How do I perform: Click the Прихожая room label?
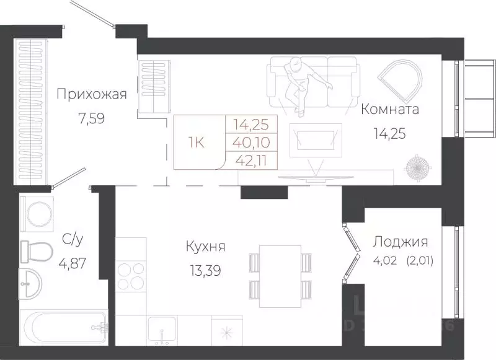coord(92,95)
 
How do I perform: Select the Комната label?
coord(390,110)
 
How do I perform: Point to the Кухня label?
coord(205,247)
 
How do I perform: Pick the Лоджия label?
coord(400,242)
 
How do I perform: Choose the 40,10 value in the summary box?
coord(255,142)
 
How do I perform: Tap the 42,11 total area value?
coord(255,160)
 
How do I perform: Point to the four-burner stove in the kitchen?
coord(130,276)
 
